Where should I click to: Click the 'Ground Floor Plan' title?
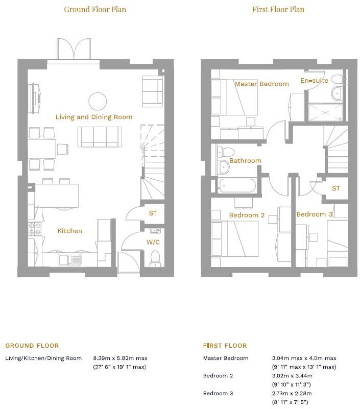pos(95,9)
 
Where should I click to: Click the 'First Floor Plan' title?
pos(278,9)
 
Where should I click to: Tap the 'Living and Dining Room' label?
pos(94,117)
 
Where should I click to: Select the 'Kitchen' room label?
pos(69,231)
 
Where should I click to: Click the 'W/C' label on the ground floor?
pos(153,242)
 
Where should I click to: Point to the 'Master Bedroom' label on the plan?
pos(261,84)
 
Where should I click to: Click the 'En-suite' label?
pos(313,81)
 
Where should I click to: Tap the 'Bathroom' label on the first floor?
pos(245,161)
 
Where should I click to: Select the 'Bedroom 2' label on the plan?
pos(247,215)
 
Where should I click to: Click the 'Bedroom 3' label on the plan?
pos(314,214)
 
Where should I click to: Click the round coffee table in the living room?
pos(97,101)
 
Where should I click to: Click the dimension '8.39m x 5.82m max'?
pos(119,358)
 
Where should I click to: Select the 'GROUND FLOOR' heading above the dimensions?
pos(32,346)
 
